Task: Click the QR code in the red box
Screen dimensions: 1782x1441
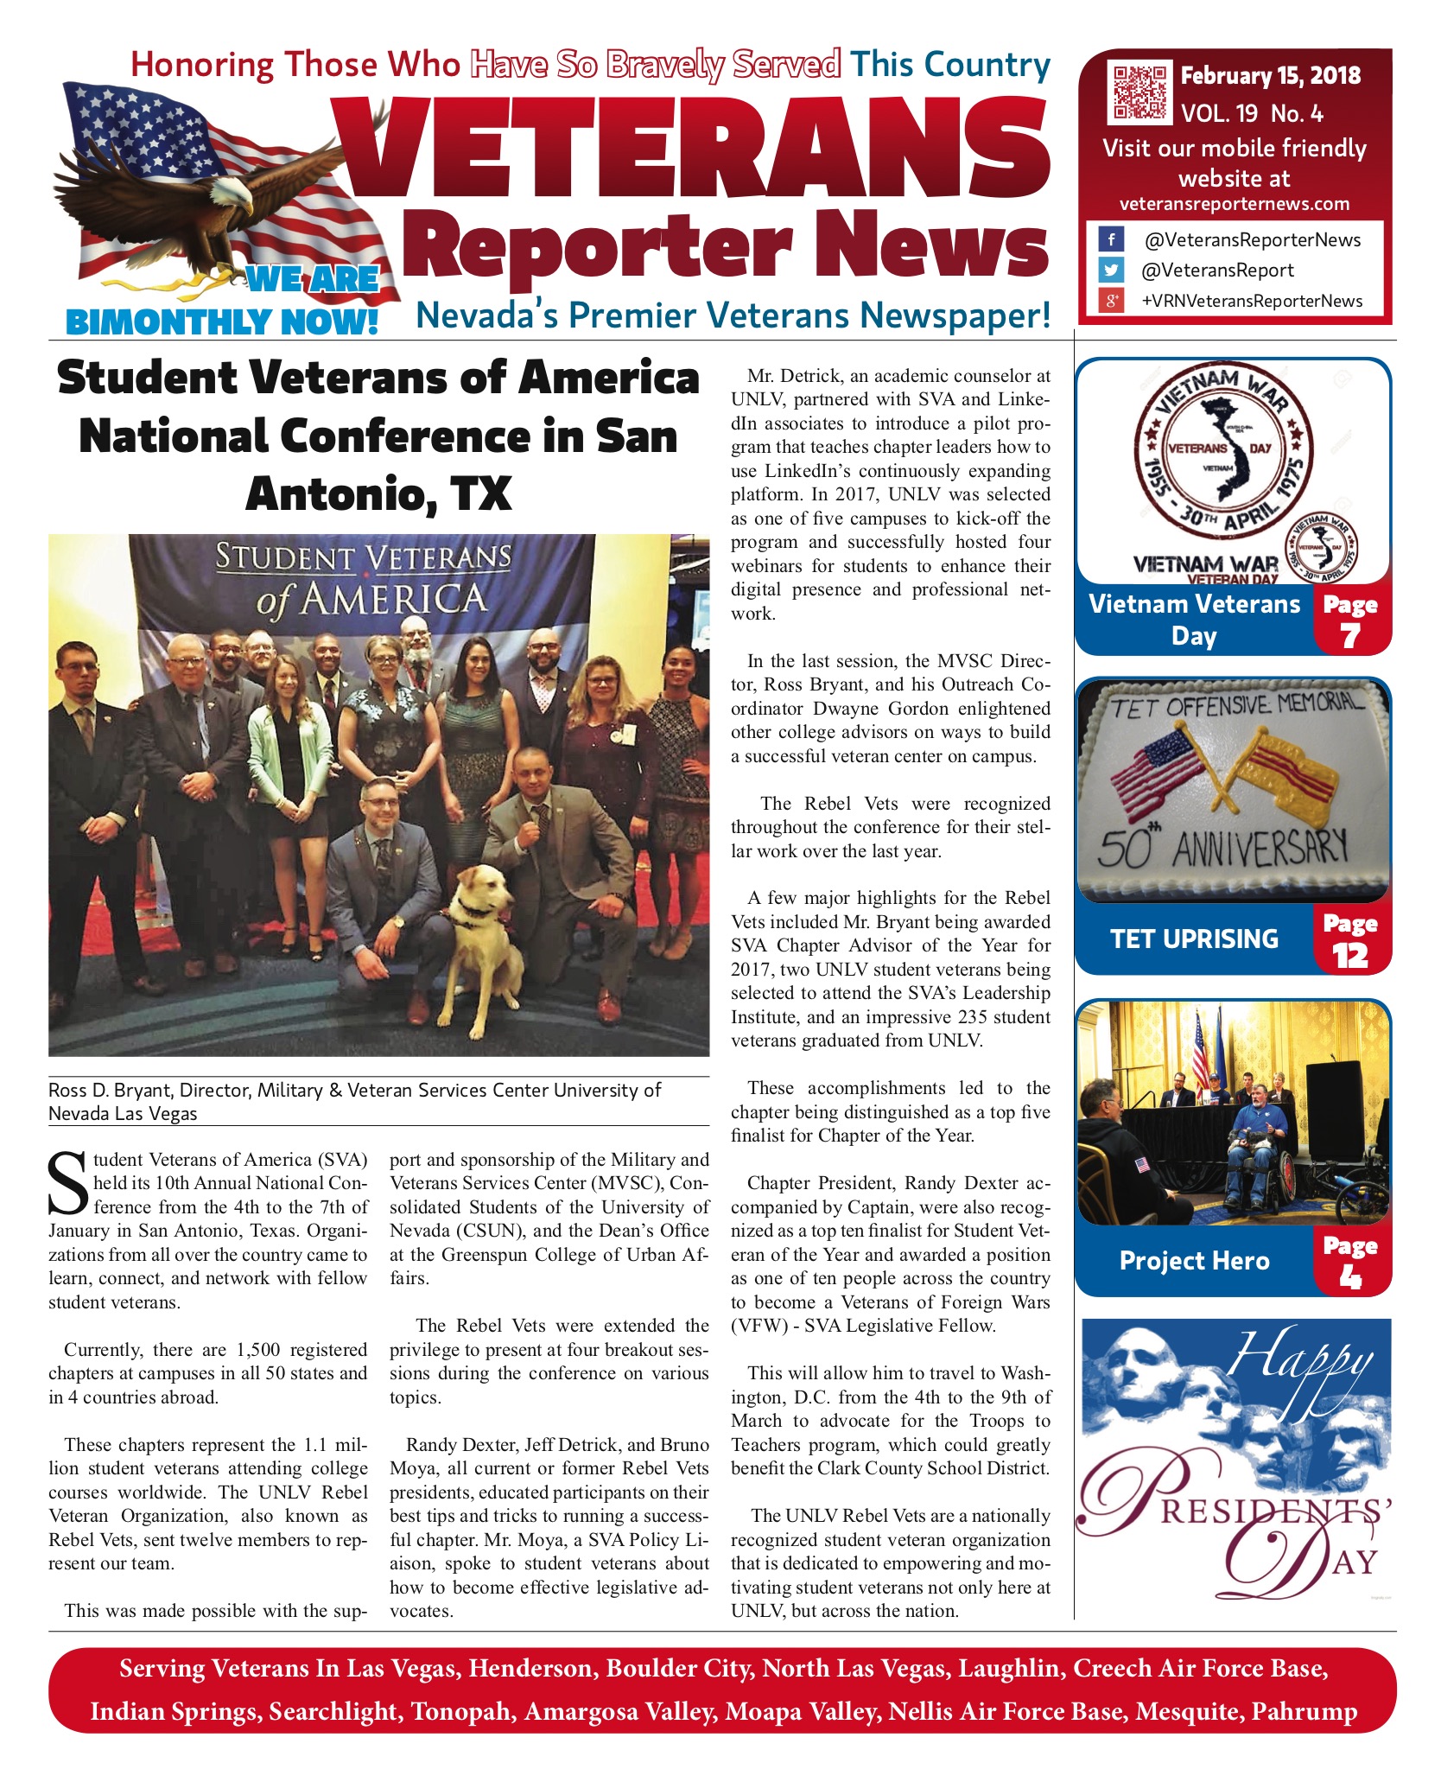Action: [1139, 92]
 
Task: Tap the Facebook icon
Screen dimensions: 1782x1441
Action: [1111, 239]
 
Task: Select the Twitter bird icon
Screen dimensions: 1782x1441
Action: [1111, 270]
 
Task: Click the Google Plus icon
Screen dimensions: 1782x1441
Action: [1111, 301]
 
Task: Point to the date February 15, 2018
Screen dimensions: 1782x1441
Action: [1270, 76]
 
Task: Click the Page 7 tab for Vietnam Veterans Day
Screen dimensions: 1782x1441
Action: [1350, 621]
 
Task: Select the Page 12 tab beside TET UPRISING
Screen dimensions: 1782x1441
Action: [1350, 940]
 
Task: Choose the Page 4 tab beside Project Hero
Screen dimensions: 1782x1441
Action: [1350, 1262]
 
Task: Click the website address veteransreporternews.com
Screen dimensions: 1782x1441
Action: [1235, 205]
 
